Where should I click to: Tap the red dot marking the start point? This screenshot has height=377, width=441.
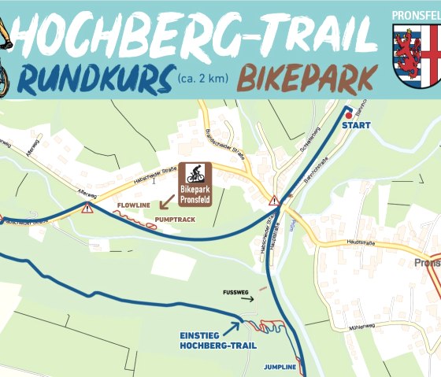(x=348, y=115)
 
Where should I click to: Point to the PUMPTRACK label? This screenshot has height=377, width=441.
(x=172, y=216)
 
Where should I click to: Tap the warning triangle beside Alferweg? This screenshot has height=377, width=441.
(x=87, y=208)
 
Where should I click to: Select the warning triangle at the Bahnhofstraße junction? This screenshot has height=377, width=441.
(x=274, y=201)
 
